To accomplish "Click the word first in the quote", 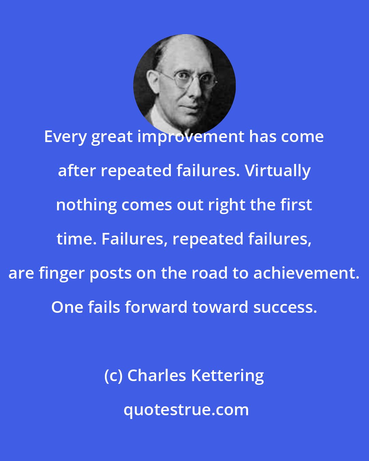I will [x=298, y=205].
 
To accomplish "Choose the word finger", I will [x=62, y=273].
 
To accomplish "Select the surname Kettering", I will [x=228, y=376].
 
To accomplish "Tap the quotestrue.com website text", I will [x=186, y=410].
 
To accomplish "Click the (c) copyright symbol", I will [x=113, y=376].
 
